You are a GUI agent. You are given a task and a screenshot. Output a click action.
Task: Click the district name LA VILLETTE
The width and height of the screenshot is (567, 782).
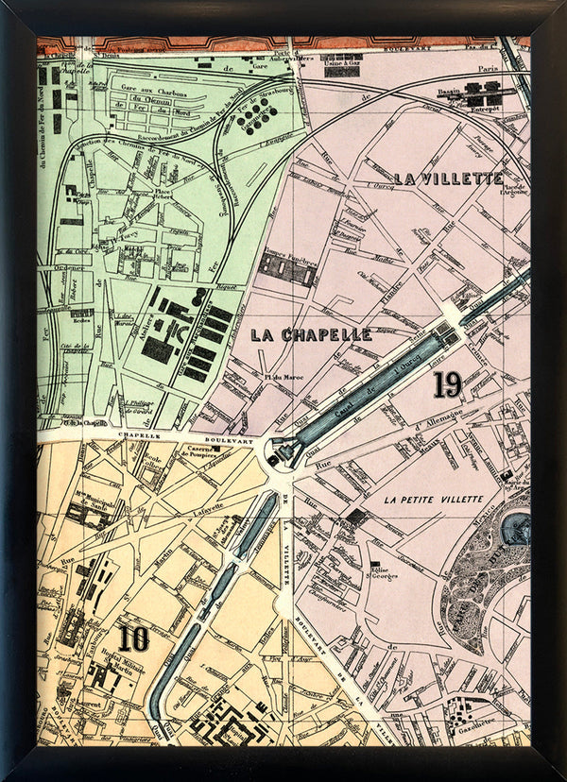[x=448, y=178]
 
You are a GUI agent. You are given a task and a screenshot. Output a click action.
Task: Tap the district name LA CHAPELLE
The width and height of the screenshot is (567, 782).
[x=311, y=334]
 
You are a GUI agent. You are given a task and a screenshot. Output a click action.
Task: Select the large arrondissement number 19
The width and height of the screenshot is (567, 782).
[x=447, y=383]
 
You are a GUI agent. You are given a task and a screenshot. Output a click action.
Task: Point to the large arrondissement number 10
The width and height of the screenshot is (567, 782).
[x=133, y=638]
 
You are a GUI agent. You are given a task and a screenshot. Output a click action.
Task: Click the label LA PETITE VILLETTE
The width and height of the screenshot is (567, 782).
[x=434, y=498]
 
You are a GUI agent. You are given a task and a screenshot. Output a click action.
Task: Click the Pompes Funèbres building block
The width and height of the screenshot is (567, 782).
[x=285, y=269]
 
